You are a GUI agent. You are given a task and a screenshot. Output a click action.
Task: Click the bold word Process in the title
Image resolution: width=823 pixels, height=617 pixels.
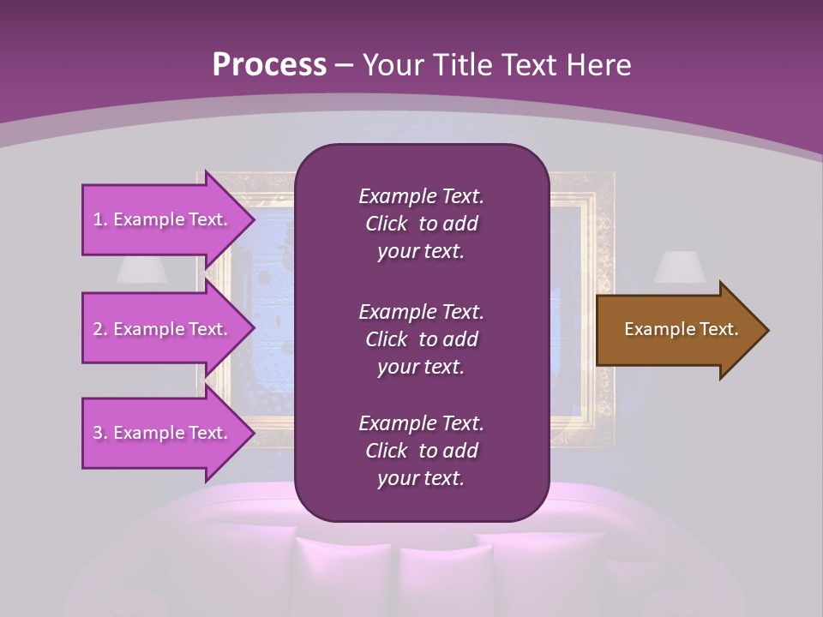tap(269, 65)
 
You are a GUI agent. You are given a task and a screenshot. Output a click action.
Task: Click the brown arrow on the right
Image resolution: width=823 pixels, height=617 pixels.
tap(677, 330)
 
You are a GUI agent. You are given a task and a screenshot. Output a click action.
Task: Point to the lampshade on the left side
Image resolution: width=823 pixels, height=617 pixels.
tap(142, 269)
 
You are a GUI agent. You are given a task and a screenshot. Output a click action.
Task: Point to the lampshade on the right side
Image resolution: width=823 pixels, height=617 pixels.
tap(680, 267)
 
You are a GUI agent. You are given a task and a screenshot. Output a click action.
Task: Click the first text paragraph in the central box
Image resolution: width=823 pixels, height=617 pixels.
tap(421, 224)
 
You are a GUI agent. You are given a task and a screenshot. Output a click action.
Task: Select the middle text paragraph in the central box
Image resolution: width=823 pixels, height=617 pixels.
tap(421, 339)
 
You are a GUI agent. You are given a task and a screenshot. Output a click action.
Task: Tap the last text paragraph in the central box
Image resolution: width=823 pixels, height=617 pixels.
tap(421, 451)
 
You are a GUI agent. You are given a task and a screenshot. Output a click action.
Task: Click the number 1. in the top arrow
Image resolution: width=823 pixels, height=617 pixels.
tap(100, 219)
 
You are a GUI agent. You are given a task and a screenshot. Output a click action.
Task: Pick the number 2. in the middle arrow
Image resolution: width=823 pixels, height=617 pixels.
tap(100, 329)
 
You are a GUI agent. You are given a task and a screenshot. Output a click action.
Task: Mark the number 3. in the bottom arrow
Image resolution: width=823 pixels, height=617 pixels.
tap(100, 433)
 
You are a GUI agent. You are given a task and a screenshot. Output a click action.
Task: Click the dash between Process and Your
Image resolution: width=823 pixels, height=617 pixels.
tap(345, 65)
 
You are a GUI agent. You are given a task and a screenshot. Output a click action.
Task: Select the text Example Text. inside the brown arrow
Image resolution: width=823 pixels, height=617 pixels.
tap(681, 329)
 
